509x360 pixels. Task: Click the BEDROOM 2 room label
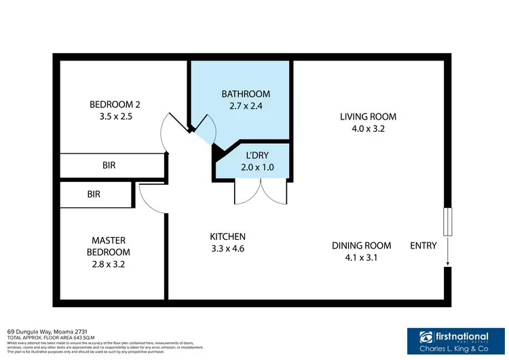point(115,104)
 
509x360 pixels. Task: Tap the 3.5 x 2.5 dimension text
point(115,116)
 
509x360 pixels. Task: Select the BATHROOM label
point(246,94)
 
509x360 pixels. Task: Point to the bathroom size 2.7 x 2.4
point(246,106)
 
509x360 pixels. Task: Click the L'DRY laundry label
point(252,154)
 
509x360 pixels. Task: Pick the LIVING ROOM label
point(368,116)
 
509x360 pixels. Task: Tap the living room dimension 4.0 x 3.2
point(368,128)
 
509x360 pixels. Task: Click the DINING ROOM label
point(361,245)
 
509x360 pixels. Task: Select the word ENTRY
point(423,245)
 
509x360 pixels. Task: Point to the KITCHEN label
point(227,236)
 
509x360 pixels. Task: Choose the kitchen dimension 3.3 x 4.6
point(227,249)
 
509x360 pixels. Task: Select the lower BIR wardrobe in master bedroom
point(94,194)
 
